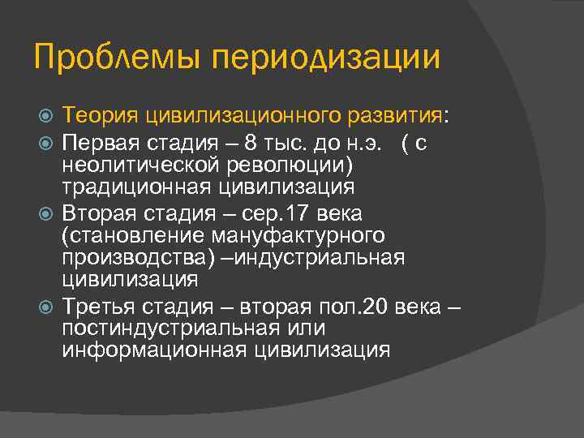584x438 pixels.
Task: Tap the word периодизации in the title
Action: coord(325,58)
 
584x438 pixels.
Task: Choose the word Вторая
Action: coord(99,213)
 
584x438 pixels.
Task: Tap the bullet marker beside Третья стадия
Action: coord(46,307)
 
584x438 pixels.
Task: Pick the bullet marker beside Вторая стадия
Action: coord(46,214)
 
